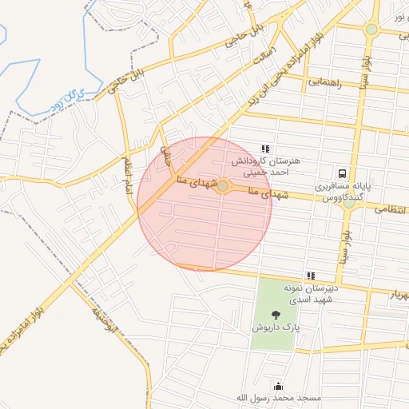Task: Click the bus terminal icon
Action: (x=342, y=173)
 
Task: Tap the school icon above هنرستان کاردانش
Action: (x=265, y=149)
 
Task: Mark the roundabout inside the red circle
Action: (x=224, y=187)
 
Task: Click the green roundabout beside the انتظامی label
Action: (x=348, y=203)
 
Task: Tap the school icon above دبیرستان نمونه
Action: (x=311, y=276)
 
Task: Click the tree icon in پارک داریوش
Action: (x=276, y=314)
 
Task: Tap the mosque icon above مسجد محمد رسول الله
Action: (x=277, y=385)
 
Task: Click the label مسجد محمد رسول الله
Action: (x=277, y=397)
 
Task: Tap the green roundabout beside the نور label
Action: (x=371, y=30)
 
